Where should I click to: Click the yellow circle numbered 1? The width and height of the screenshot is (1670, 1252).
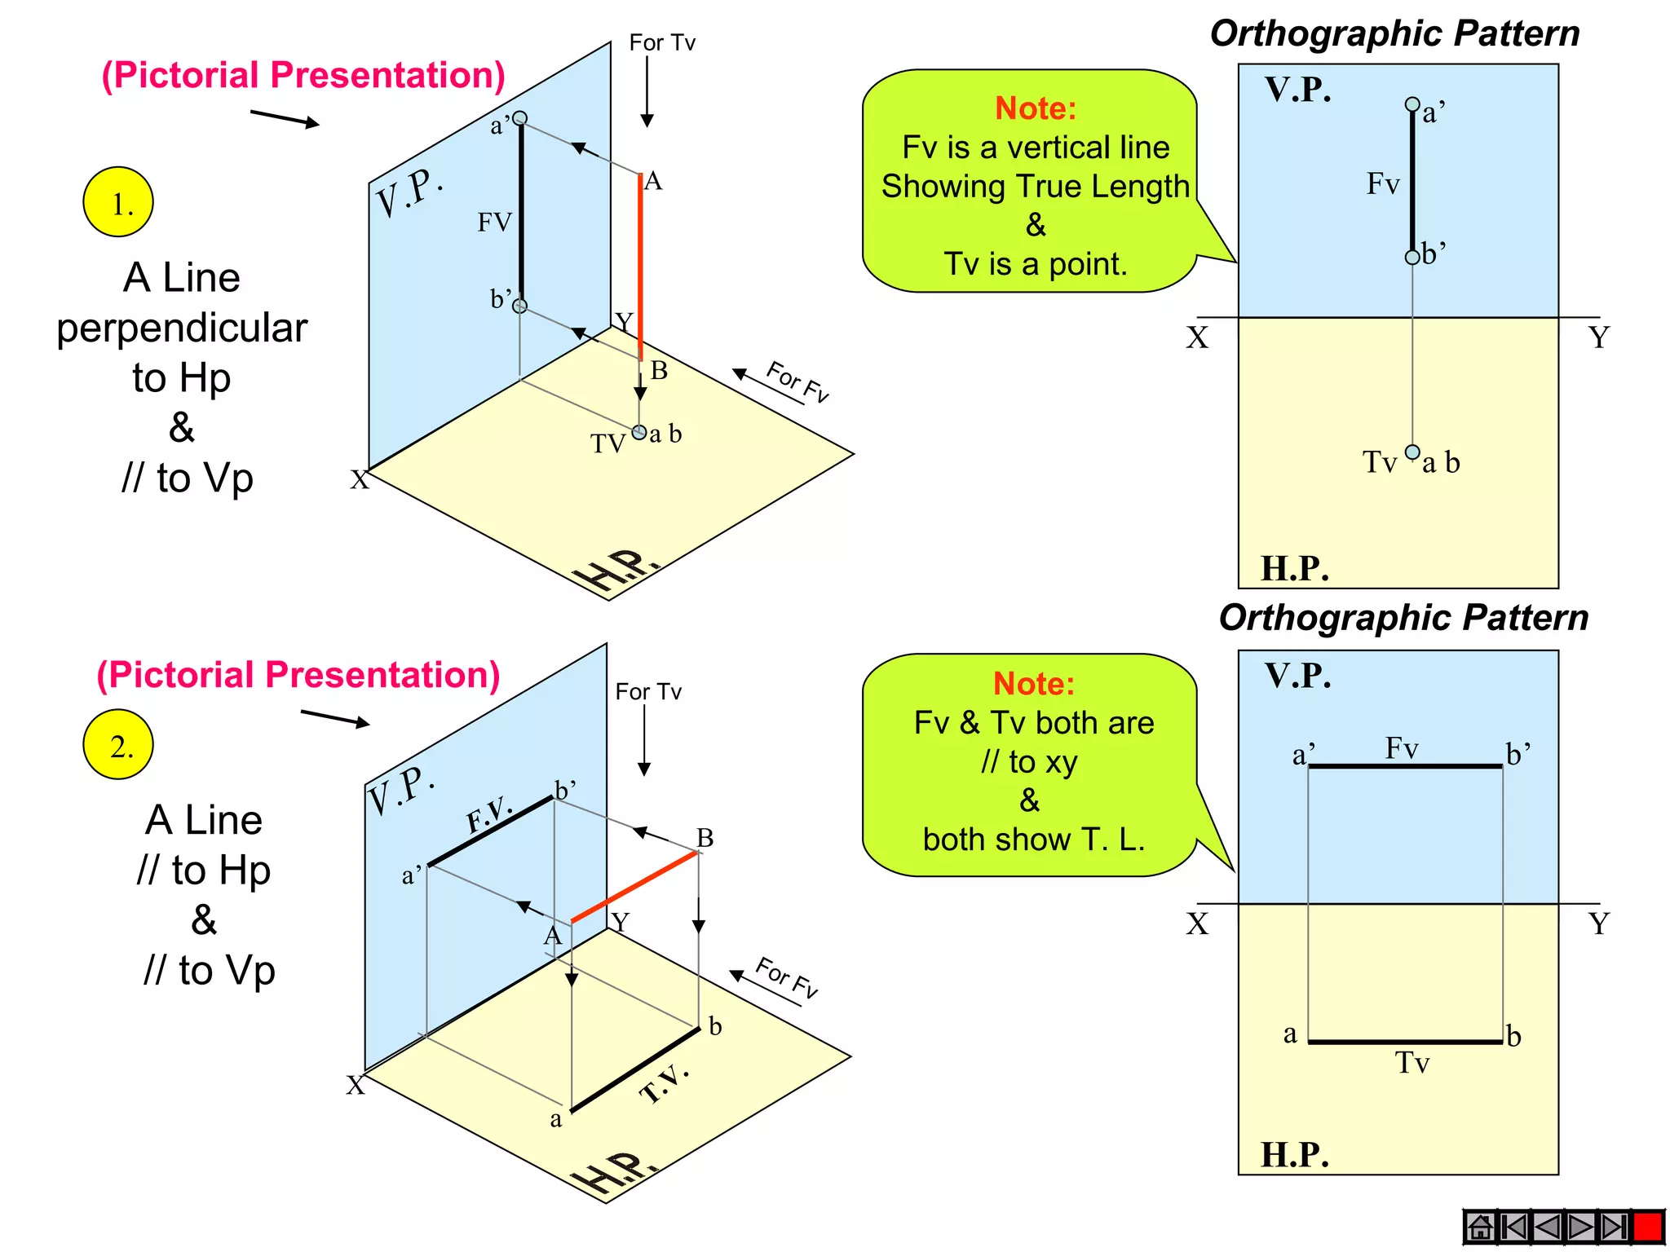pyautogui.click(x=118, y=202)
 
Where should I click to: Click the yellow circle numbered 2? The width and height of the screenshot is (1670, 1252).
pyautogui.click(x=118, y=744)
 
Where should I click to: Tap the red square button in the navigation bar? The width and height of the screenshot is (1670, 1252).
pyautogui.click(x=1647, y=1226)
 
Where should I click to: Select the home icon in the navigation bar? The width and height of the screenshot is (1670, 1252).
pyautogui.click(x=1479, y=1226)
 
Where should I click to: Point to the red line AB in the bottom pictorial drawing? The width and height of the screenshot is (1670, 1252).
pyautogui.click(x=634, y=887)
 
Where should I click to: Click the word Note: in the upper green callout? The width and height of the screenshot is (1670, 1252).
pyautogui.click(x=1036, y=108)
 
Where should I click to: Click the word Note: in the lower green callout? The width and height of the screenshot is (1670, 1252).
pyautogui.click(x=1034, y=684)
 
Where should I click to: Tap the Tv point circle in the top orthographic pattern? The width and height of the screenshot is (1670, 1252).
pyautogui.click(x=1412, y=452)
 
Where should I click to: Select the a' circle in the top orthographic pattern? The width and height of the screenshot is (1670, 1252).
pyautogui.click(x=1412, y=104)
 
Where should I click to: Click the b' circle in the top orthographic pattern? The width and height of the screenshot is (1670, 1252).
pyautogui.click(x=1412, y=258)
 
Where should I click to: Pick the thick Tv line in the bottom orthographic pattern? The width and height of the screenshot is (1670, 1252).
pyautogui.click(x=1405, y=1042)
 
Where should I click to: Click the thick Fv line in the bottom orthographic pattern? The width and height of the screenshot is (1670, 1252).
pyautogui.click(x=1405, y=766)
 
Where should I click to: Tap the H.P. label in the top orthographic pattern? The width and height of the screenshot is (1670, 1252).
pyautogui.click(x=1295, y=568)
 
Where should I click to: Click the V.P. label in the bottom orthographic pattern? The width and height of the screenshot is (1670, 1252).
pyautogui.click(x=1298, y=676)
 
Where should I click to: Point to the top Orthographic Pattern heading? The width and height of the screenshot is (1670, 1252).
pyautogui.click(x=1394, y=34)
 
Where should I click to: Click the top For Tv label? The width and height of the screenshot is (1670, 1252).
pyautogui.click(x=662, y=42)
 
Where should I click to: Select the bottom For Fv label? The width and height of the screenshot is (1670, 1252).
pyautogui.click(x=787, y=976)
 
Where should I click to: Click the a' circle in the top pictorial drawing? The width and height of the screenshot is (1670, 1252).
pyautogui.click(x=520, y=118)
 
